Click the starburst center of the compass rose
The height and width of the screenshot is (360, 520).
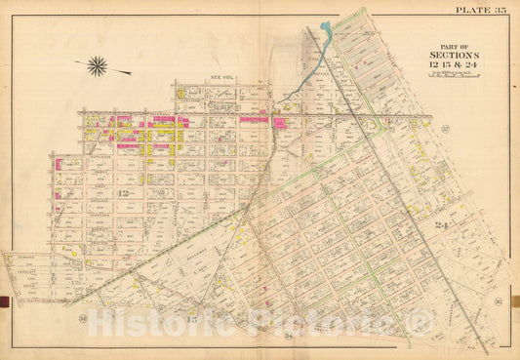point(97,66)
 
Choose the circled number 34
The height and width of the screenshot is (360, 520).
point(291,335)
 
